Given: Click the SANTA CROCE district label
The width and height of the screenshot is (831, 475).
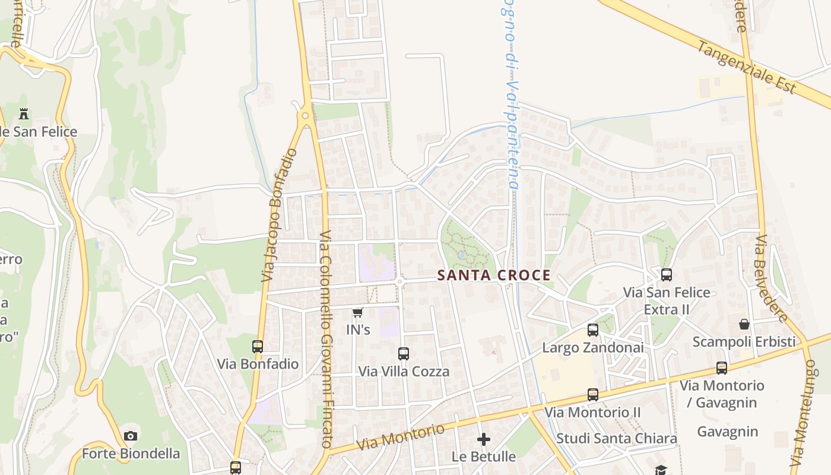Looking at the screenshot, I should click(x=494, y=275).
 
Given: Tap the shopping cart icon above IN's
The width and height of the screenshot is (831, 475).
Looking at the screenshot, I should click(x=357, y=312).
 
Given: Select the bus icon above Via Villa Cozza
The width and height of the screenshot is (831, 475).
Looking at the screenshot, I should click(x=404, y=354).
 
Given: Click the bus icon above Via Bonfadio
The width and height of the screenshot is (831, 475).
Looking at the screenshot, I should click(x=257, y=346).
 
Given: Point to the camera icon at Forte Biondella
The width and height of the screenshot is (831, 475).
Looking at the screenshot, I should click(x=131, y=436).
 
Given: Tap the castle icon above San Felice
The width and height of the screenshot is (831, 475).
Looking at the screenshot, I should click(x=24, y=113).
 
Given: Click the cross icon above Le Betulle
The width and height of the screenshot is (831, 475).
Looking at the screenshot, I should click(x=484, y=439).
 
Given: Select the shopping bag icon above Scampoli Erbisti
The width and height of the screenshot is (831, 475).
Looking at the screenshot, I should click(x=744, y=324).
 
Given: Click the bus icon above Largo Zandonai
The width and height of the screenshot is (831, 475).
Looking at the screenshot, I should click(x=592, y=330).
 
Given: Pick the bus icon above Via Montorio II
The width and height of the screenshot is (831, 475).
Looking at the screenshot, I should click(x=592, y=394).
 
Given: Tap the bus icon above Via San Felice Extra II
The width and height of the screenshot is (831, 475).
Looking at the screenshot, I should click(x=667, y=275).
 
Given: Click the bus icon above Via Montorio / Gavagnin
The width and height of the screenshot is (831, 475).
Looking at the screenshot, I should click(x=722, y=368).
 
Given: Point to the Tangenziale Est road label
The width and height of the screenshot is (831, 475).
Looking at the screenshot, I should click(x=746, y=66).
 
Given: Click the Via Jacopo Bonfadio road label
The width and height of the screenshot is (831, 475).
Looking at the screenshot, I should click(x=279, y=215).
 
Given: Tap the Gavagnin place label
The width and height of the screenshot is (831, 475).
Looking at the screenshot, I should click(x=728, y=432).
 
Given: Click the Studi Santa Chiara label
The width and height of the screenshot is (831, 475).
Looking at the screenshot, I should click(x=617, y=438).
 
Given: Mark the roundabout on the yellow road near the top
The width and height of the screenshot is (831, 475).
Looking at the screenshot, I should click(x=306, y=116).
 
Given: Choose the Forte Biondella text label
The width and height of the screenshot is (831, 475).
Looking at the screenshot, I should click(x=131, y=454).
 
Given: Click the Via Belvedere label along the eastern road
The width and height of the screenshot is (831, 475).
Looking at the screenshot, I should click(x=772, y=277).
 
